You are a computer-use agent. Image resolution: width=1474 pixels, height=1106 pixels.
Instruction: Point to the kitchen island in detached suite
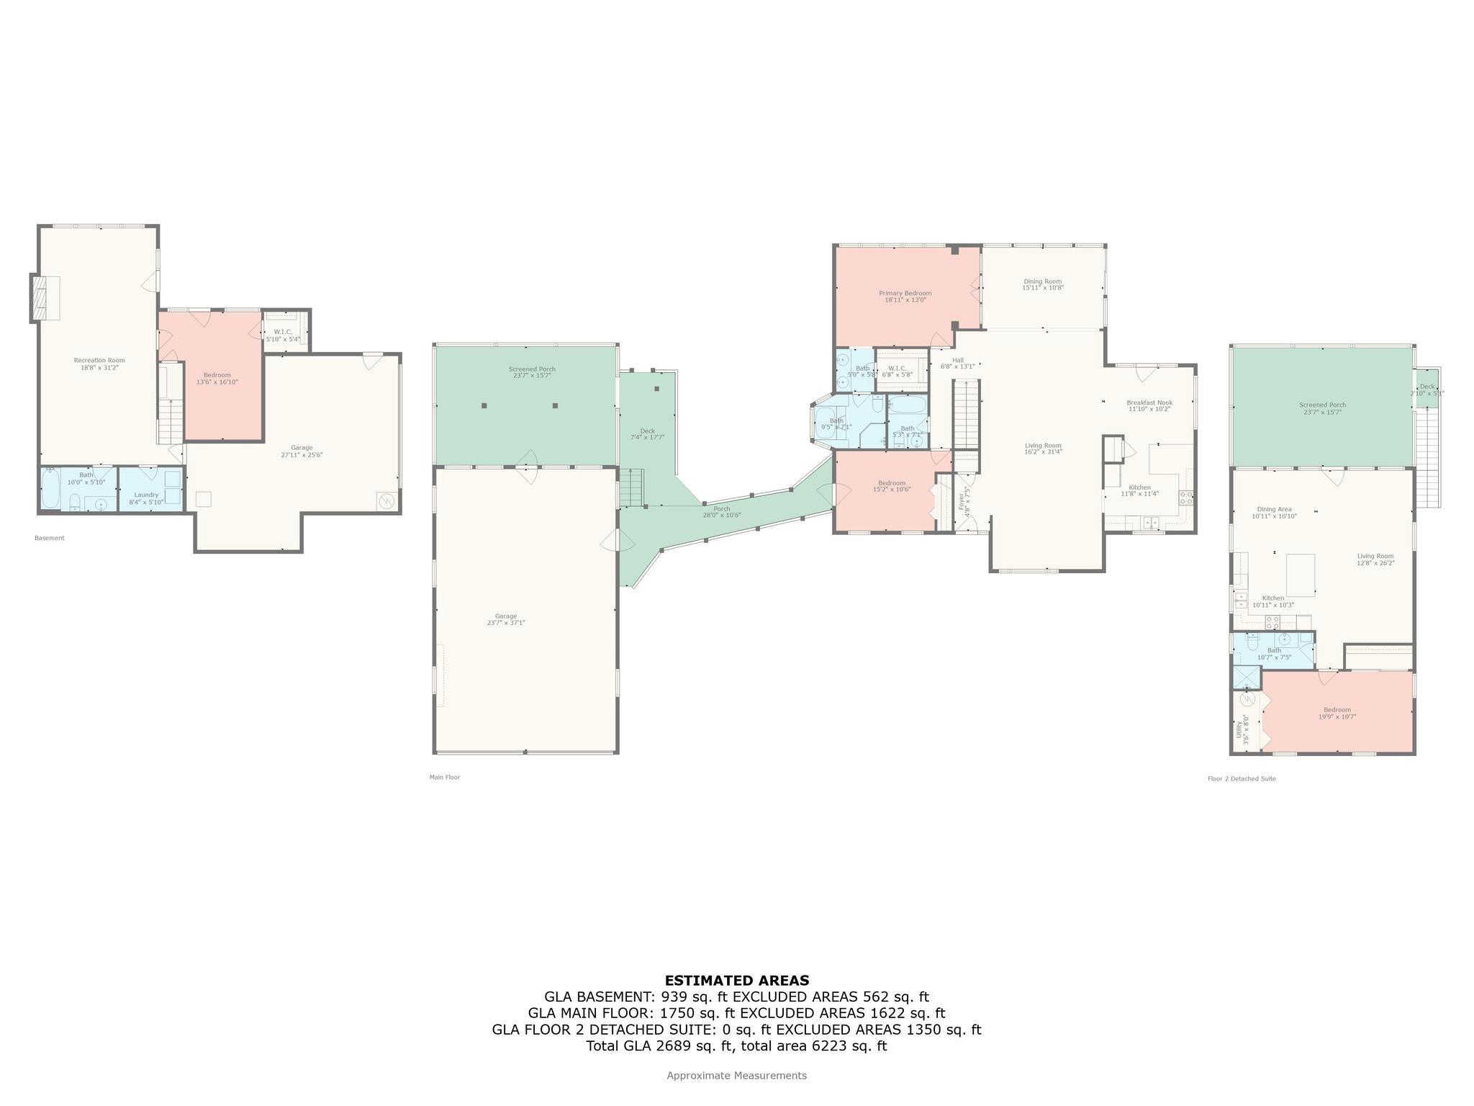click(x=1300, y=575)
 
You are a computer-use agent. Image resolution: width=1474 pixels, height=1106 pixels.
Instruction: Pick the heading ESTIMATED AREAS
click(x=736, y=980)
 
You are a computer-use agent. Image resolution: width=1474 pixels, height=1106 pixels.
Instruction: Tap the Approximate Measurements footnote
click(x=736, y=1075)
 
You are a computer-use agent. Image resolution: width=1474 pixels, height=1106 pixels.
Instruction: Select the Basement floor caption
click(x=50, y=538)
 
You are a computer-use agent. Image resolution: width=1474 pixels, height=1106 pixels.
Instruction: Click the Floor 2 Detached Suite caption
click(x=1242, y=778)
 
